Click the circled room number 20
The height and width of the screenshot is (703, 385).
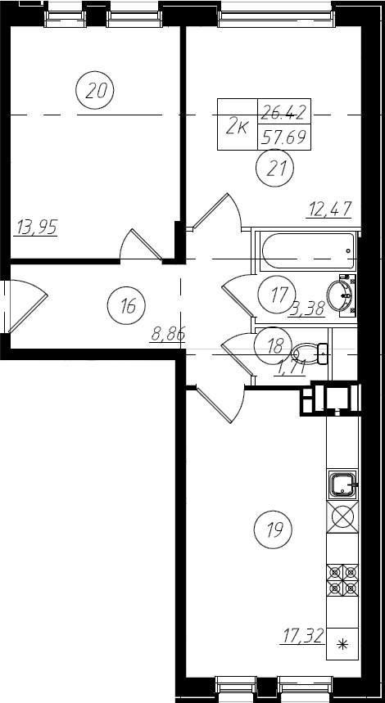coord(94,91)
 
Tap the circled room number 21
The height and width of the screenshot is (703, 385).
coord(274,169)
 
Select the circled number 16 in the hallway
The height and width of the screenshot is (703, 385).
coord(126,306)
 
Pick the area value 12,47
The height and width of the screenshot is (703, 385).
coord(329,209)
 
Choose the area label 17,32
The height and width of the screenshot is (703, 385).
coord(303,635)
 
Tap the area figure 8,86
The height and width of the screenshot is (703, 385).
coord(168,334)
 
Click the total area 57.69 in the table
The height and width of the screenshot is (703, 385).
coord(284,137)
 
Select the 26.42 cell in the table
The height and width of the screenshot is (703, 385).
coord(284,110)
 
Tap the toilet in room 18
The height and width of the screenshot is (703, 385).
coord(310,354)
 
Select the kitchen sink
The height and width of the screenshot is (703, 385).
coord(342,484)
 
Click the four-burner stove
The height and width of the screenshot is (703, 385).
coord(342,580)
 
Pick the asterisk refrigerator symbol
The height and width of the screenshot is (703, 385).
coord(342,644)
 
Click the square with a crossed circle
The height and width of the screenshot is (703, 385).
coord(342,517)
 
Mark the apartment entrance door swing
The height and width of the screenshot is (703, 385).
coord(28,306)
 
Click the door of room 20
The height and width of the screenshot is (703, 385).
coord(142,244)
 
